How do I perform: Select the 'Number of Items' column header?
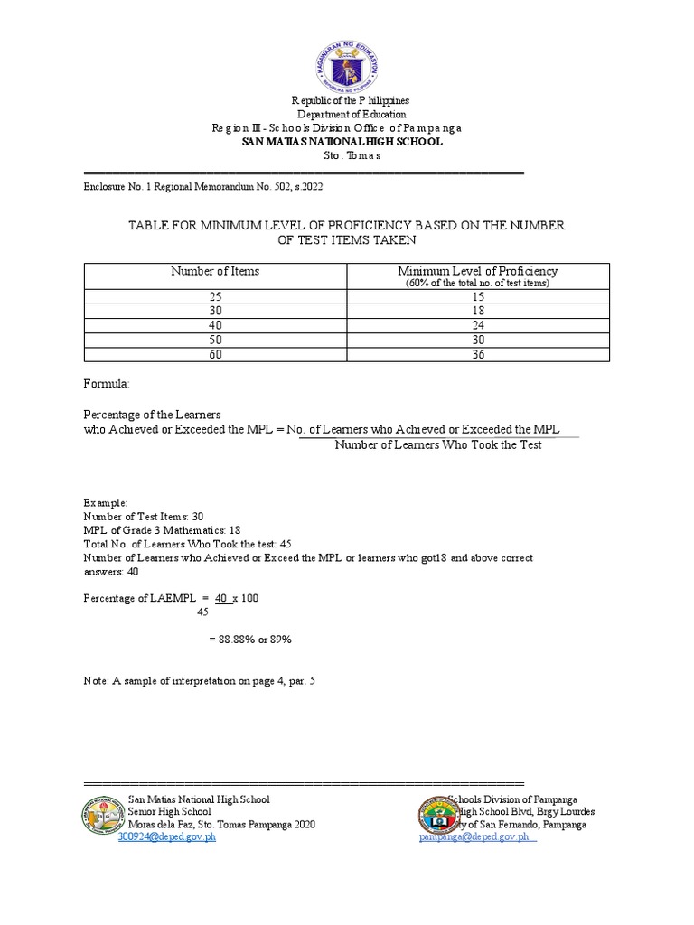(215, 271)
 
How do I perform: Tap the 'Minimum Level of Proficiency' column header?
(477, 276)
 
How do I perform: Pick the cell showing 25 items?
(215, 296)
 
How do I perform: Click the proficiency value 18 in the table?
(478, 311)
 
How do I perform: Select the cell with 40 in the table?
(215, 325)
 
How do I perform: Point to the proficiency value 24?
(478, 325)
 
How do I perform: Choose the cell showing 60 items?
(215, 354)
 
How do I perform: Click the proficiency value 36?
(478, 354)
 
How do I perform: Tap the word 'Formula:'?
(107, 384)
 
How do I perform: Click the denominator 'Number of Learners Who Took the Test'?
(437, 445)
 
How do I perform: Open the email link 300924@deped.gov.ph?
(167, 837)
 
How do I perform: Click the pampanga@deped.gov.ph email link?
(476, 837)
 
